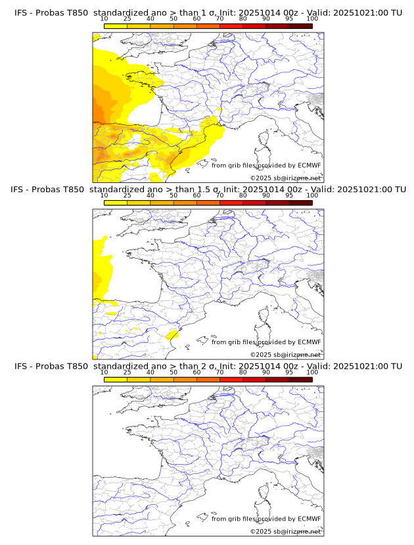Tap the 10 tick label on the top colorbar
tap(104, 18)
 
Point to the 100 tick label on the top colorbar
tap(312, 18)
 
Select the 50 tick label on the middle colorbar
tap(173, 195)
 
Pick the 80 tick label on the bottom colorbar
tap(243, 372)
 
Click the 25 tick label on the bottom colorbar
tap(127, 372)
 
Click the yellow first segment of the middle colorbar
tap(116, 203)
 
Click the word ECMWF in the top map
tap(310, 165)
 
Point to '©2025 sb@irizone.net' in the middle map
tap(285, 354)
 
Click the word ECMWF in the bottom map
tap(310, 519)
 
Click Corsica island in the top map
tap(262, 139)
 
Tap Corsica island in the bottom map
tap(262, 492)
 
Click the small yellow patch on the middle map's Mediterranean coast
tap(173, 335)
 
